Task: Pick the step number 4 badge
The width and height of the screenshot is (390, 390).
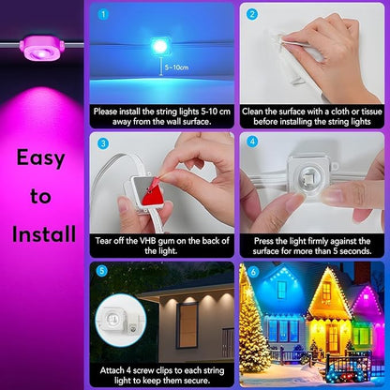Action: [250, 143]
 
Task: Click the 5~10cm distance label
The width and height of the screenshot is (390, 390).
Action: [173, 67]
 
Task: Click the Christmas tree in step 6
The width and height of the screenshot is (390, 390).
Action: [255, 333]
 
